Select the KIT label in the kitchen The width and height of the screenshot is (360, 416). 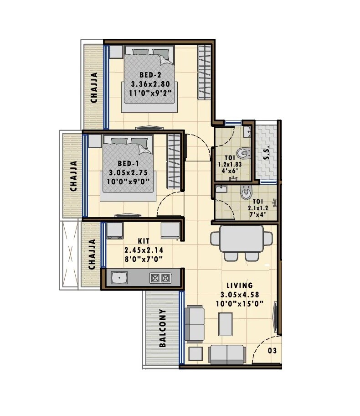[144, 241]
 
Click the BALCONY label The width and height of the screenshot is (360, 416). [163, 328]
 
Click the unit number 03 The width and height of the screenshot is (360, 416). [272, 351]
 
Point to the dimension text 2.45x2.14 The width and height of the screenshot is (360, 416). [144, 250]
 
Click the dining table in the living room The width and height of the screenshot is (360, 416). [242, 239]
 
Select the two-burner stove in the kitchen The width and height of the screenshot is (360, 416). [160, 277]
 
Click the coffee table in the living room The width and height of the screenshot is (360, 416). [226, 323]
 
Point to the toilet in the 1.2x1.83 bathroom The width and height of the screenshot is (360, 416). [242, 153]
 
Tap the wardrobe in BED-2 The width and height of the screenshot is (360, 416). [204, 72]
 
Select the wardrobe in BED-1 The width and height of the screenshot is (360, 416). [174, 161]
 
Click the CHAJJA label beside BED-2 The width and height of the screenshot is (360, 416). [94, 88]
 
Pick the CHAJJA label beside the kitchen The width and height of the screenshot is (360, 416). [92, 254]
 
